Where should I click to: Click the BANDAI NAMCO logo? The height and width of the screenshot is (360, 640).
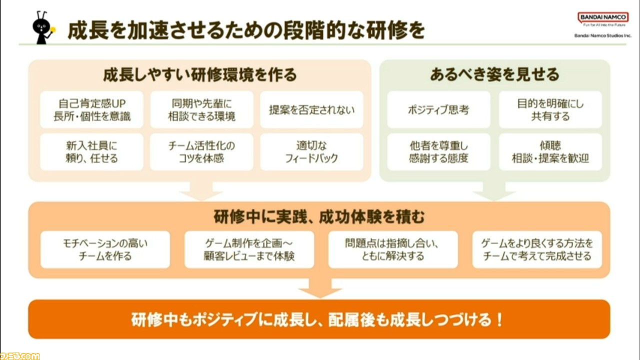point(603,17)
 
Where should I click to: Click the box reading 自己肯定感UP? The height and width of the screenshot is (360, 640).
point(91,109)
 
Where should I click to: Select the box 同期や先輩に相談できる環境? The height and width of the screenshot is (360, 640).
point(201,109)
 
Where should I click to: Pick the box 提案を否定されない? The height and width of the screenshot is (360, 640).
point(311,109)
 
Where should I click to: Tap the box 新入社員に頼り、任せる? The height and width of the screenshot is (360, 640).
point(91,152)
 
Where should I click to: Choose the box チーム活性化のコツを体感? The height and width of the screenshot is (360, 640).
point(201,152)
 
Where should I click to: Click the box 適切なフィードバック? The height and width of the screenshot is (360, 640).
point(311,152)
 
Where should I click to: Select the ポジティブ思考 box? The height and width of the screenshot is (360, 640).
point(438,109)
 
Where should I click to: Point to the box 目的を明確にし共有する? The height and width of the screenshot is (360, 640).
point(550,109)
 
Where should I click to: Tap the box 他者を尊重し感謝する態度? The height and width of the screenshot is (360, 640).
point(438,152)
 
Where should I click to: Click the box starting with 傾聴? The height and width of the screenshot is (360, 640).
point(550,152)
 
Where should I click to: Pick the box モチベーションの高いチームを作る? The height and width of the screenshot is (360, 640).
point(105,249)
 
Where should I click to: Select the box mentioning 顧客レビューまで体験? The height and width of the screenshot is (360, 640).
point(249,249)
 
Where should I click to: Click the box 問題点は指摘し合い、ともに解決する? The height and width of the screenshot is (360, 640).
point(393,249)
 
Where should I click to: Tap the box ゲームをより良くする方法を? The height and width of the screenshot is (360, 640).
point(537,249)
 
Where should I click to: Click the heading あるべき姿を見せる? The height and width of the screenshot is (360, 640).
point(494,74)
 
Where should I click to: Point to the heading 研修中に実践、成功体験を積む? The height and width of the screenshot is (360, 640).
point(319,216)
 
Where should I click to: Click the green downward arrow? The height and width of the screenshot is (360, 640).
point(494,191)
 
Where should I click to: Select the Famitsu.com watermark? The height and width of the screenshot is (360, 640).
point(20,356)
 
